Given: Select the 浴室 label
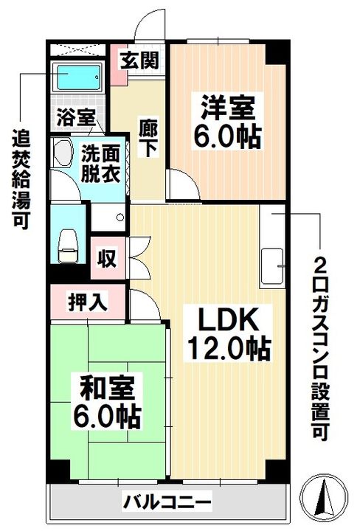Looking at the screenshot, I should [x=75, y=117].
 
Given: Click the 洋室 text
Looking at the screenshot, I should [x=228, y=108].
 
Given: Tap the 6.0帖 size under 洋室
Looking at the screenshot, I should [x=228, y=136].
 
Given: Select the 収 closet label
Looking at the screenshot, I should [x=107, y=260].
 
